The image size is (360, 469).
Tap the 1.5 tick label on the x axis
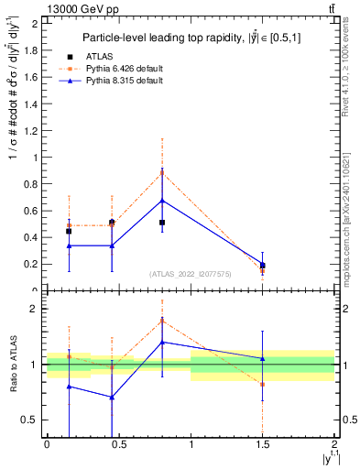click(263, 445)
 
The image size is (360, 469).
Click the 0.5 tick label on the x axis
click(118, 445)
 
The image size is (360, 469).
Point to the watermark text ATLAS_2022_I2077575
click(191, 273)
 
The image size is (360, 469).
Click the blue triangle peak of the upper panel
click(162, 200)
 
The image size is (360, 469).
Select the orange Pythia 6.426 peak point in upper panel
click(162, 171)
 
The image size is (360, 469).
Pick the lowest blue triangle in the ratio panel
click(112, 397)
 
